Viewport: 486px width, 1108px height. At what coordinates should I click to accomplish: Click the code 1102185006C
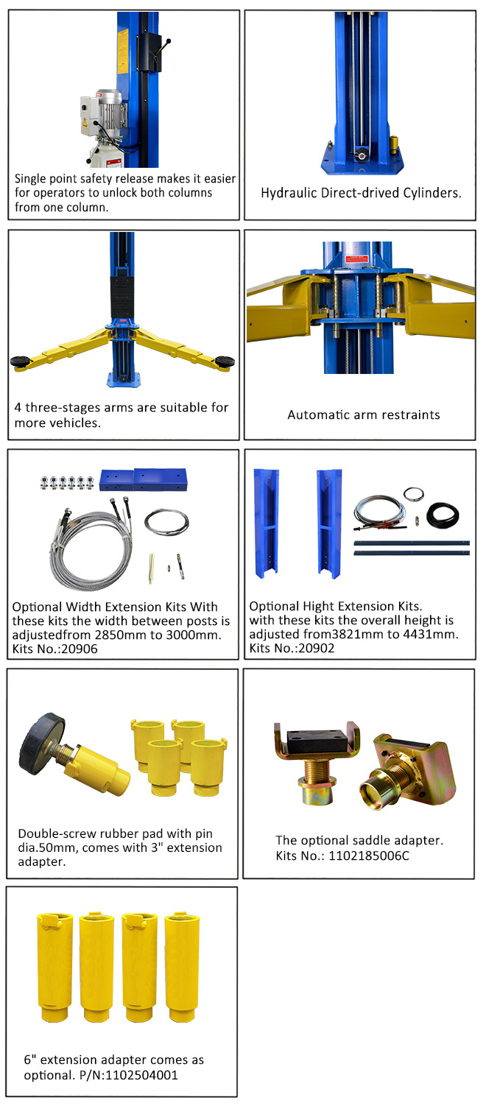point(369,856)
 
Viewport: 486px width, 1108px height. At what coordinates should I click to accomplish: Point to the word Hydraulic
point(289,194)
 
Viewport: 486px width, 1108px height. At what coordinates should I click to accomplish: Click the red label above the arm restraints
point(356,259)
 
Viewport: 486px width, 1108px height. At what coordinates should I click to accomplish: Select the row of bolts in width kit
point(67,481)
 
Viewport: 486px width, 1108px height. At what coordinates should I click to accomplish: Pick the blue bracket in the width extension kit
point(143,479)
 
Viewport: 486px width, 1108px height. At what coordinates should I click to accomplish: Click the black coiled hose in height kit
point(443,515)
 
